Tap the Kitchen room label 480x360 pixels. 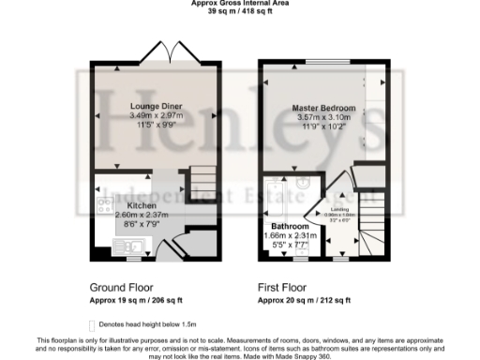tap(142, 204)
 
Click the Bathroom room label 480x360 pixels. tap(290, 227)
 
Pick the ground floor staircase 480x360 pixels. tap(202, 179)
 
